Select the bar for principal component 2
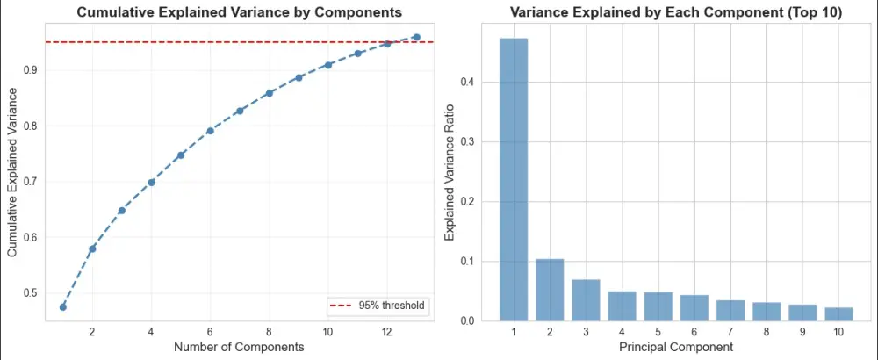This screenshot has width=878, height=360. [550, 290]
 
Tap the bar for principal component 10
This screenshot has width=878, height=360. [838, 314]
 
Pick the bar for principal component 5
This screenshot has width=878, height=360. [658, 306]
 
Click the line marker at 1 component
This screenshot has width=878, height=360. [62, 306]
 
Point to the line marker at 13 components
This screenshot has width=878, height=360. [416, 37]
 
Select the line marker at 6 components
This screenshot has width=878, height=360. [210, 131]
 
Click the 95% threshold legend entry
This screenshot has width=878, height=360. [376, 306]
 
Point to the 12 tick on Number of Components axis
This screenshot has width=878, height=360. [386, 331]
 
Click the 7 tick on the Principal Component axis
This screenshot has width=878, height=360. [730, 331]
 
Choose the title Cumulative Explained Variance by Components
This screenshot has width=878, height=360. [240, 13]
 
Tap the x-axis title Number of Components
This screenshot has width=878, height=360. [239, 347]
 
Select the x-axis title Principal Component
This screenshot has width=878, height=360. [676, 347]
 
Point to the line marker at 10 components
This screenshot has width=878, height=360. [327, 65]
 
